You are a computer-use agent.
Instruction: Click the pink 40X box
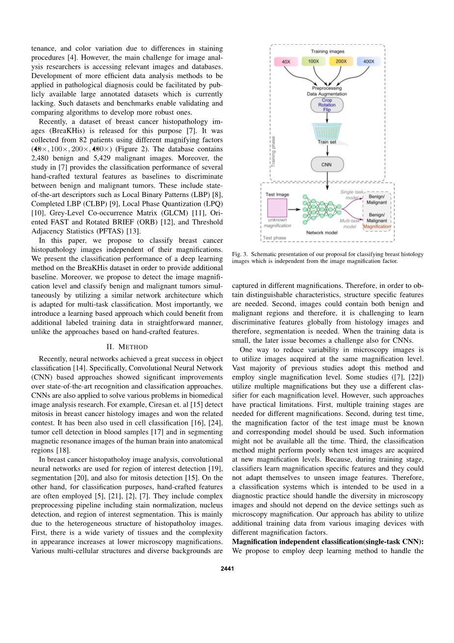(x=286, y=62)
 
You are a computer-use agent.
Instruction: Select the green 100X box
(x=314, y=61)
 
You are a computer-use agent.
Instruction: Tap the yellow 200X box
(x=341, y=61)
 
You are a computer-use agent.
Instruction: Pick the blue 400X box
(x=369, y=61)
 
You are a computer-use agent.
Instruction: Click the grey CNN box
(x=327, y=165)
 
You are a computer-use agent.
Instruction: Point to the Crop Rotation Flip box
(x=327, y=105)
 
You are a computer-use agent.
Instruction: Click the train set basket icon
(x=327, y=131)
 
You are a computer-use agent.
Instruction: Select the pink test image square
(x=277, y=207)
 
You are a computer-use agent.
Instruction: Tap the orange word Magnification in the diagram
(x=377, y=226)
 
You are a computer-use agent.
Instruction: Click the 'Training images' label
(x=327, y=51)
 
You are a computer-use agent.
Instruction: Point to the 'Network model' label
(x=322, y=232)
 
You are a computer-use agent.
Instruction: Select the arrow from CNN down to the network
(x=327, y=182)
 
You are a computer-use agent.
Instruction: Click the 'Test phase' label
(x=275, y=238)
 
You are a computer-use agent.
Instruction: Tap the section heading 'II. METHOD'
(x=127, y=347)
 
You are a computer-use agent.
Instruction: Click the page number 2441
(x=227, y=569)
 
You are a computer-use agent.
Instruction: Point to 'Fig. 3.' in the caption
(x=240, y=254)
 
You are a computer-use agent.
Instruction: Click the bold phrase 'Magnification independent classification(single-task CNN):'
(x=327, y=541)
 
